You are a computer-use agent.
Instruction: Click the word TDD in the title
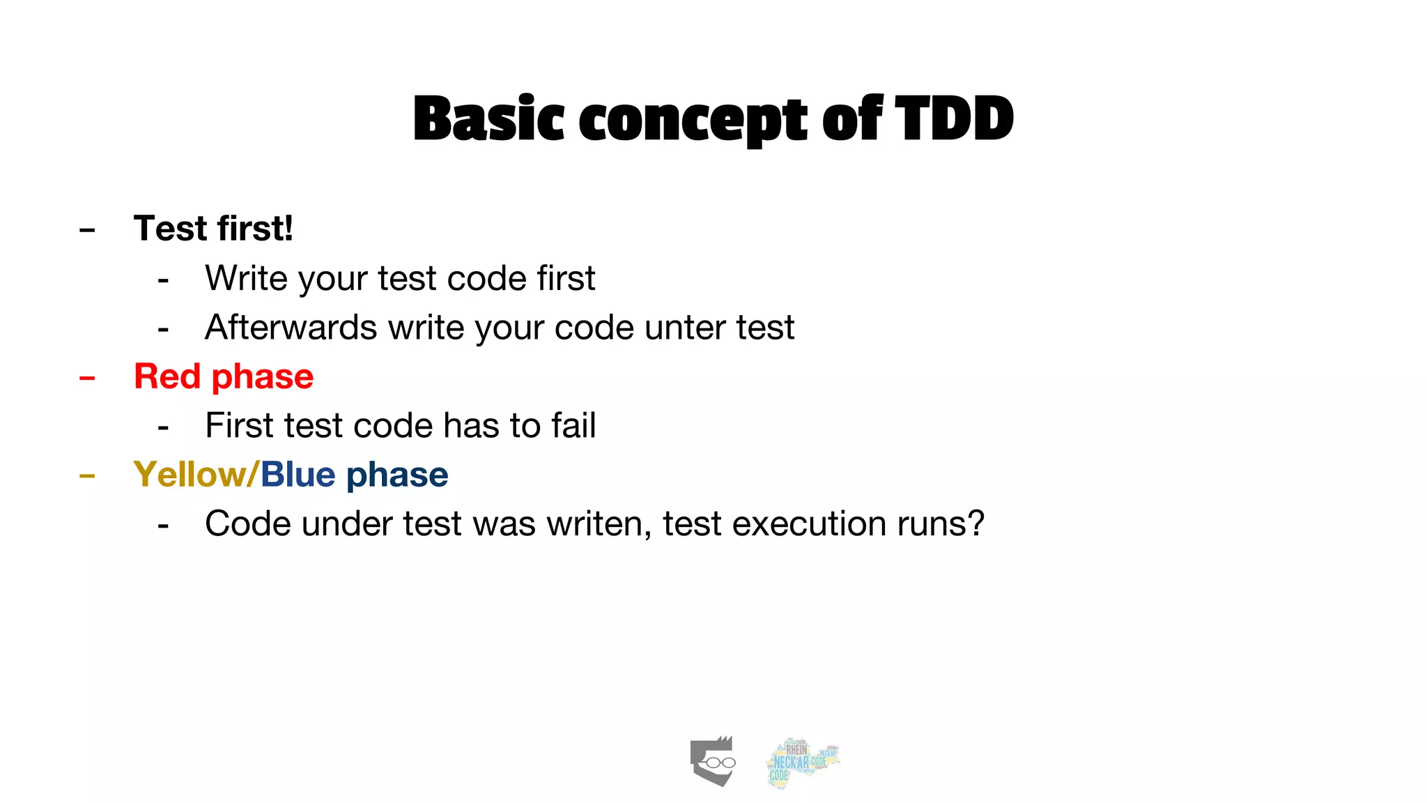point(954,118)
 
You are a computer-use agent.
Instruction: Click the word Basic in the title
point(488,118)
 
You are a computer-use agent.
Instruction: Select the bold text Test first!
point(213,229)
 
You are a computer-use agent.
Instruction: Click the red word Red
point(167,376)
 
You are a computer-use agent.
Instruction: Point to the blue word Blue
point(298,475)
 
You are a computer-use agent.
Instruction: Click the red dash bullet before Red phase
point(87,378)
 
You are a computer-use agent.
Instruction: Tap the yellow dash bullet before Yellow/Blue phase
point(87,477)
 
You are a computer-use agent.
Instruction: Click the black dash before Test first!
point(87,230)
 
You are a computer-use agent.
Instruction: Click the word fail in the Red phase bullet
point(573,425)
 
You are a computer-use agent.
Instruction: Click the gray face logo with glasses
point(713,761)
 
